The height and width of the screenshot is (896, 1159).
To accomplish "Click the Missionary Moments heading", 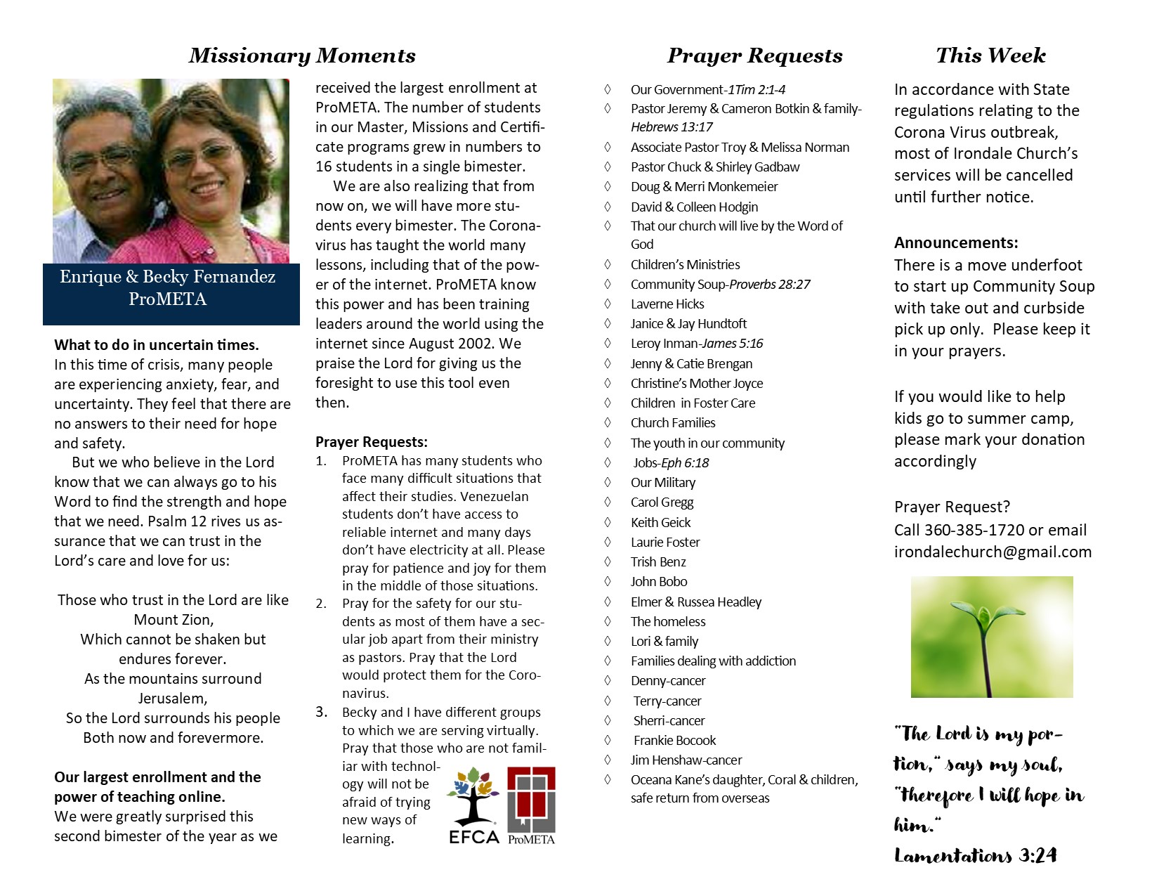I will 302,56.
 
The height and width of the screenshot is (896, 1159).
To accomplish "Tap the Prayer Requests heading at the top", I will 754,56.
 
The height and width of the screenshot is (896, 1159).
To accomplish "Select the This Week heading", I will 990,56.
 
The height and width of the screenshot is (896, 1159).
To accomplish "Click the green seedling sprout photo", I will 991,637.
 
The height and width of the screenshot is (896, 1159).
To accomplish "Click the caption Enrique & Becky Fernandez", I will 167,277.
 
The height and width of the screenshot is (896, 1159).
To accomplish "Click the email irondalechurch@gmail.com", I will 993,552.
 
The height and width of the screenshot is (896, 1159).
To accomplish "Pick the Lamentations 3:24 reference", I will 975,855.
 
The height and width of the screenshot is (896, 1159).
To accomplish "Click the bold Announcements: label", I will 955,243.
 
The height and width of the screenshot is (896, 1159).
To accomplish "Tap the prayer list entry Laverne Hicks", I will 667,304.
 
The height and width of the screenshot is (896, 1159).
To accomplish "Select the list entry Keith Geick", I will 660,523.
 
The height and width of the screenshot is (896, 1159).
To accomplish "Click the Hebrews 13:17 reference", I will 672,127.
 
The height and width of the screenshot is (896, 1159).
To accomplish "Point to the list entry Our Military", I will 663,483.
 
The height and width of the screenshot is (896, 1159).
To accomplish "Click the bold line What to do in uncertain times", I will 157,345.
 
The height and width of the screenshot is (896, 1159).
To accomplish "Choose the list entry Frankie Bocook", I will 674,741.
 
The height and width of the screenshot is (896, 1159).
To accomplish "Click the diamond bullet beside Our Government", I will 608,89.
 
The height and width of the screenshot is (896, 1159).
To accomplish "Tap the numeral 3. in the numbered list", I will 321,712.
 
